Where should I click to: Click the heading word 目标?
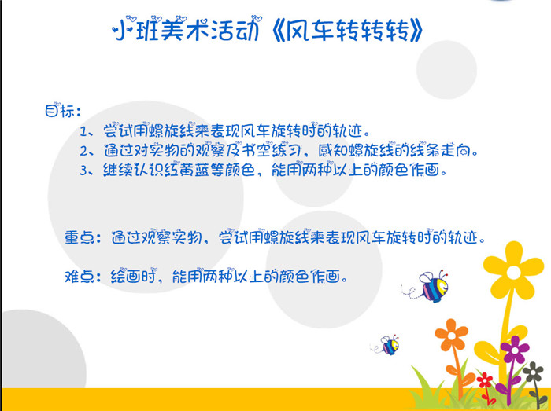point(60,111)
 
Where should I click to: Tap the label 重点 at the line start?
point(80,237)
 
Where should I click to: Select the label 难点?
point(80,277)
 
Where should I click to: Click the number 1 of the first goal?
point(83,132)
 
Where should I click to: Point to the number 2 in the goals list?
point(84,152)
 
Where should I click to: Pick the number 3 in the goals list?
point(84,171)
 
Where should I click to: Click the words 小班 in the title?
point(135,29)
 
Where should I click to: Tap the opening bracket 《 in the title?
point(278,31)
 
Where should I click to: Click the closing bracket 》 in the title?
point(416,31)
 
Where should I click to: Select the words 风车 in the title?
point(309,31)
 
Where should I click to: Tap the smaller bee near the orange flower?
point(387,345)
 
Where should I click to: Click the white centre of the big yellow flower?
point(513,273)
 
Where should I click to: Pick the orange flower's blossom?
point(451,335)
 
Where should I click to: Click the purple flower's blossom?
point(515,350)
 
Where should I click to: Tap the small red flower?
point(485,380)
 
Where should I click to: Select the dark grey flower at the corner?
point(534,372)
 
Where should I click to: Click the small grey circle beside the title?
point(446,69)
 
